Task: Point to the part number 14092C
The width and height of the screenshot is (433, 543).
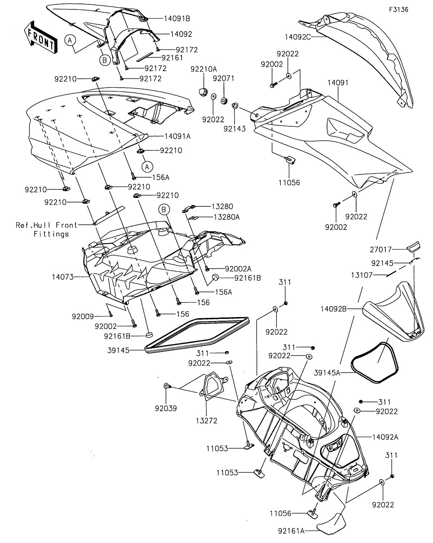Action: point(298,36)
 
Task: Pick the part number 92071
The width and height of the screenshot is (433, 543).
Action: point(224,78)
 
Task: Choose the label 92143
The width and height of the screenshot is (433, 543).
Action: point(236,128)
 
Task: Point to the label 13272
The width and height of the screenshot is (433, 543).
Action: point(206,420)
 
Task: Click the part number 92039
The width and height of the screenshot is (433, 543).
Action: point(166,408)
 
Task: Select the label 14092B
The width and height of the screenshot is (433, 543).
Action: point(333,309)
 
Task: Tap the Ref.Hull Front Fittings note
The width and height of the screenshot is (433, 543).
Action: point(47,229)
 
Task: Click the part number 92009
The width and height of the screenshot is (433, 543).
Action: point(83,316)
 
